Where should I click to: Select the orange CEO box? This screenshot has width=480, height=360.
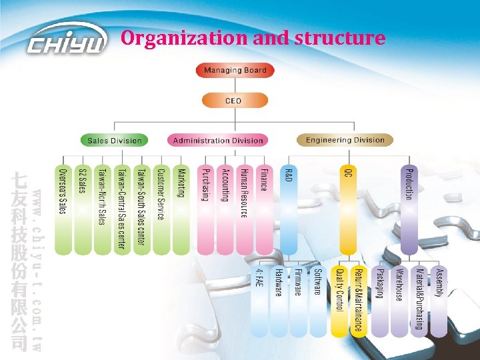[x=233, y=101]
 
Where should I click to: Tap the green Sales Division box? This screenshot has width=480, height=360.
[x=115, y=140]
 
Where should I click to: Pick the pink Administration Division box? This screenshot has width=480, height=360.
[x=218, y=140]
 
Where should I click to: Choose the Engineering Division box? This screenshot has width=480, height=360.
[x=345, y=140]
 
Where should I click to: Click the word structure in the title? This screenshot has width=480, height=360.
[x=347, y=37]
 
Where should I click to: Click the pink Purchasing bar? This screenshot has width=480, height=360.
[x=206, y=200]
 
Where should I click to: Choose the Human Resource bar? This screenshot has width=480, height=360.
[x=245, y=200]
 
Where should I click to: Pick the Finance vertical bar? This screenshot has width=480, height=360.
[x=264, y=200]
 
